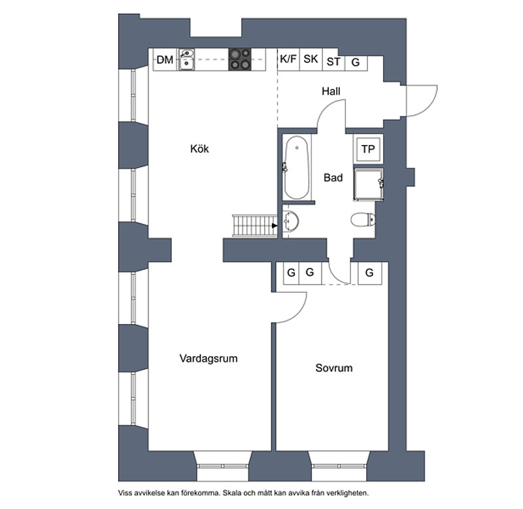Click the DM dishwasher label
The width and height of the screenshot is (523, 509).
[165, 61]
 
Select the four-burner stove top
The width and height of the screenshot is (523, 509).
[239, 60]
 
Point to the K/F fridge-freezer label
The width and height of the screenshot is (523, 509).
[288, 59]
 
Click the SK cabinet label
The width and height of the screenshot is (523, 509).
[311, 59]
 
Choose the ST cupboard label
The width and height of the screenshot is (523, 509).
[333, 62]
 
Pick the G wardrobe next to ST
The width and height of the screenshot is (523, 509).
[356, 62]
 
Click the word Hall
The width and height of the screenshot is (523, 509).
[331, 92]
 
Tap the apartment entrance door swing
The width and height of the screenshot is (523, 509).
[420, 99]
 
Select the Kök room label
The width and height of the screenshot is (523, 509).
[199, 149]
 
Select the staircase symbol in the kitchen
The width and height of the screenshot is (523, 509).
[254, 226]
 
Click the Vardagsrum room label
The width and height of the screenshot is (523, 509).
[208, 359]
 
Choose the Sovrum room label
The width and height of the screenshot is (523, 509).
[333, 368]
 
